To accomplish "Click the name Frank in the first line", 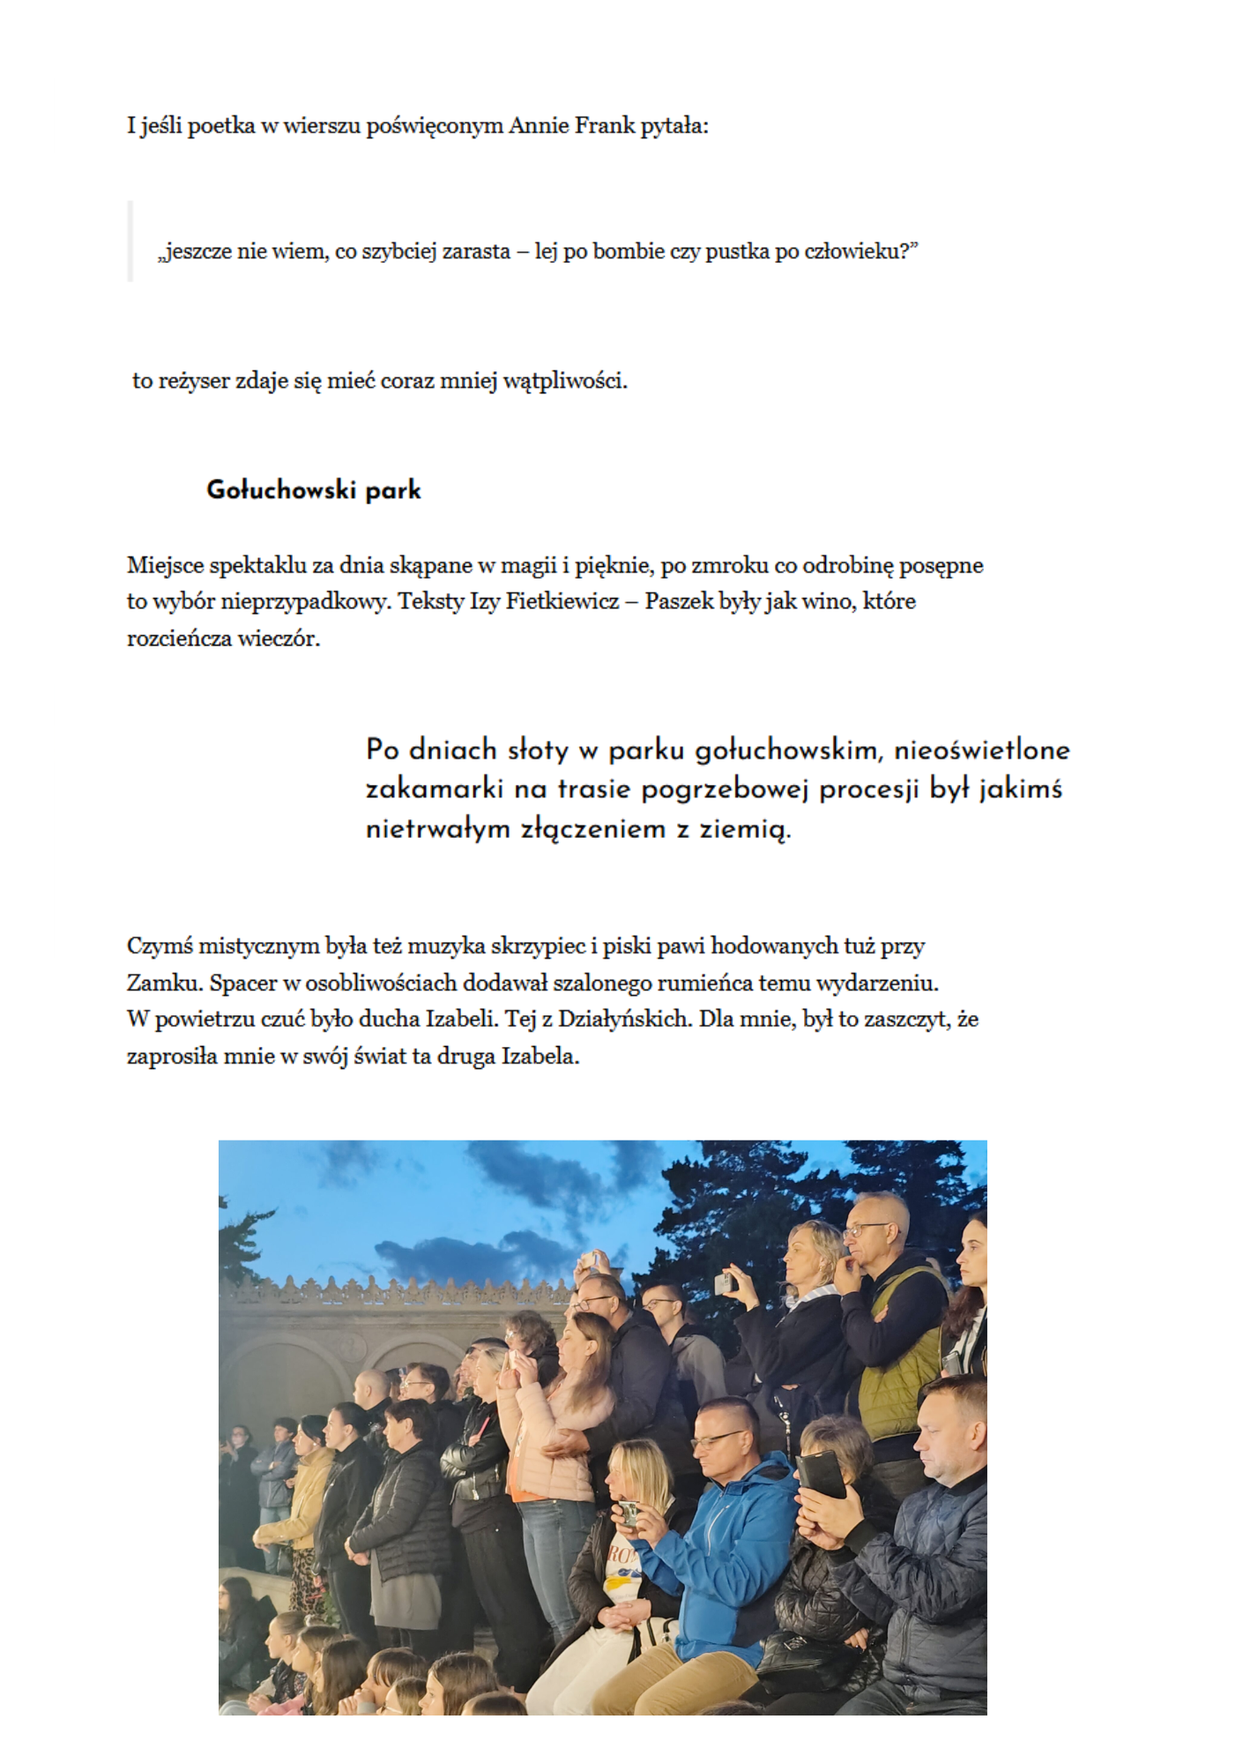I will [605, 126].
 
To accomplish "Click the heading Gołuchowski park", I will [313, 490].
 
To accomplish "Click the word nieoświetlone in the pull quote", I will [981, 751].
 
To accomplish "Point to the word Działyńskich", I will [624, 1020].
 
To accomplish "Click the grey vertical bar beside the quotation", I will [130, 242].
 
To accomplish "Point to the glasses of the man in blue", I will [718, 1440].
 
